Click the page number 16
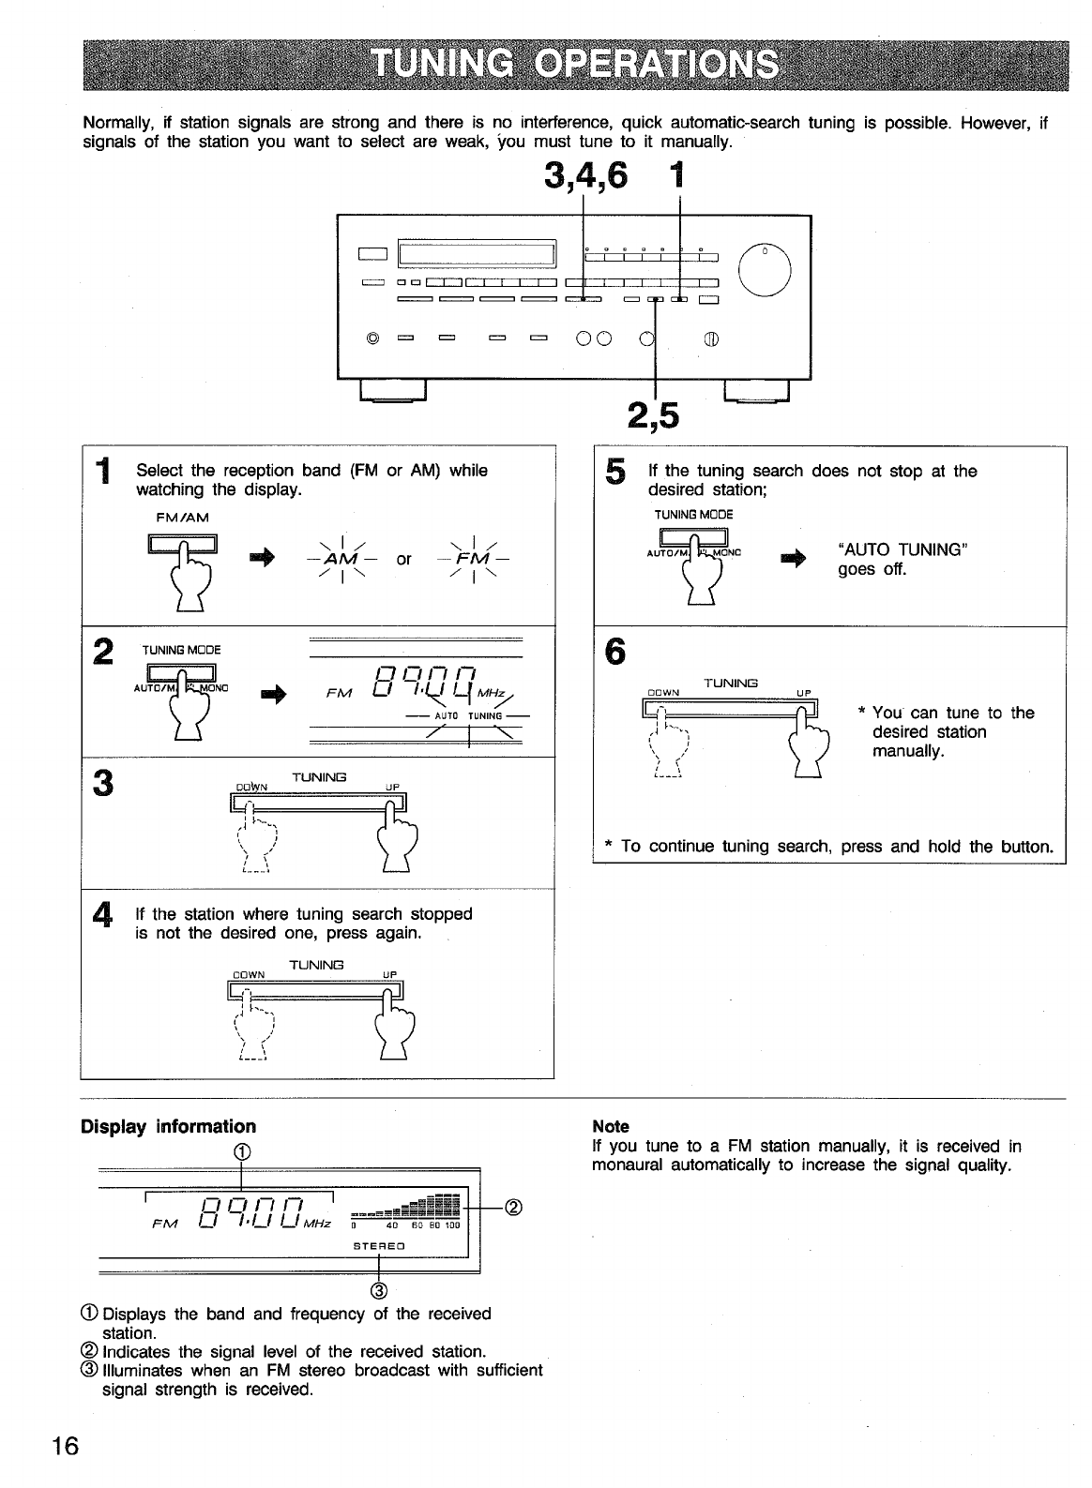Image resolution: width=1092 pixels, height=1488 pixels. click(x=65, y=1445)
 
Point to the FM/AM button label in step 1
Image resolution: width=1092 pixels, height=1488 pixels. click(x=183, y=517)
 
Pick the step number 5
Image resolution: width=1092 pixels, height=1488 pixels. click(x=614, y=473)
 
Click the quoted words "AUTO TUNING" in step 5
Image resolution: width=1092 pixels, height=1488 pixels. click(x=902, y=549)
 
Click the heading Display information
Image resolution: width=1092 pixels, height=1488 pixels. click(x=168, y=1126)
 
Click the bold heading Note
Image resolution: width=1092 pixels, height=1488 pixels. click(x=611, y=1126)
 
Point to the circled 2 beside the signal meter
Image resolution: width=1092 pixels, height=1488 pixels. click(x=513, y=1207)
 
